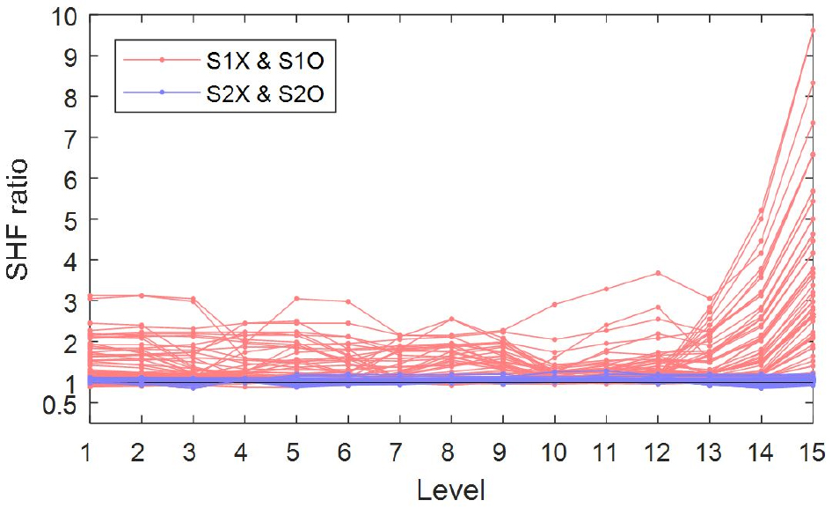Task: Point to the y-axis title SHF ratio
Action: (x=18, y=218)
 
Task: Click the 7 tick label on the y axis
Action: (x=68, y=138)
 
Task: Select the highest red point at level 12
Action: (x=657, y=273)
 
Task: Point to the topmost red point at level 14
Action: (x=761, y=210)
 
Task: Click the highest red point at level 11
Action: (x=606, y=289)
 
